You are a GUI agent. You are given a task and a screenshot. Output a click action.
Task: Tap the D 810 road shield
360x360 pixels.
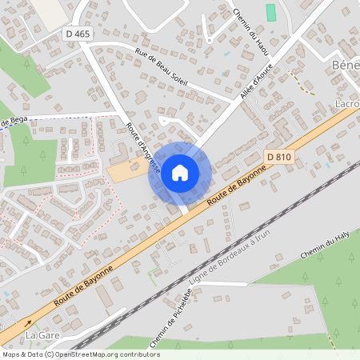[x=279, y=157]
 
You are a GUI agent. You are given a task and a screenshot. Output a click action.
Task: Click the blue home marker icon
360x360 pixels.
[x=180, y=172]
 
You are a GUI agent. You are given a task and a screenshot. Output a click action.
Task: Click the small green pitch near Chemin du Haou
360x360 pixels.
[x=270, y=13]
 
